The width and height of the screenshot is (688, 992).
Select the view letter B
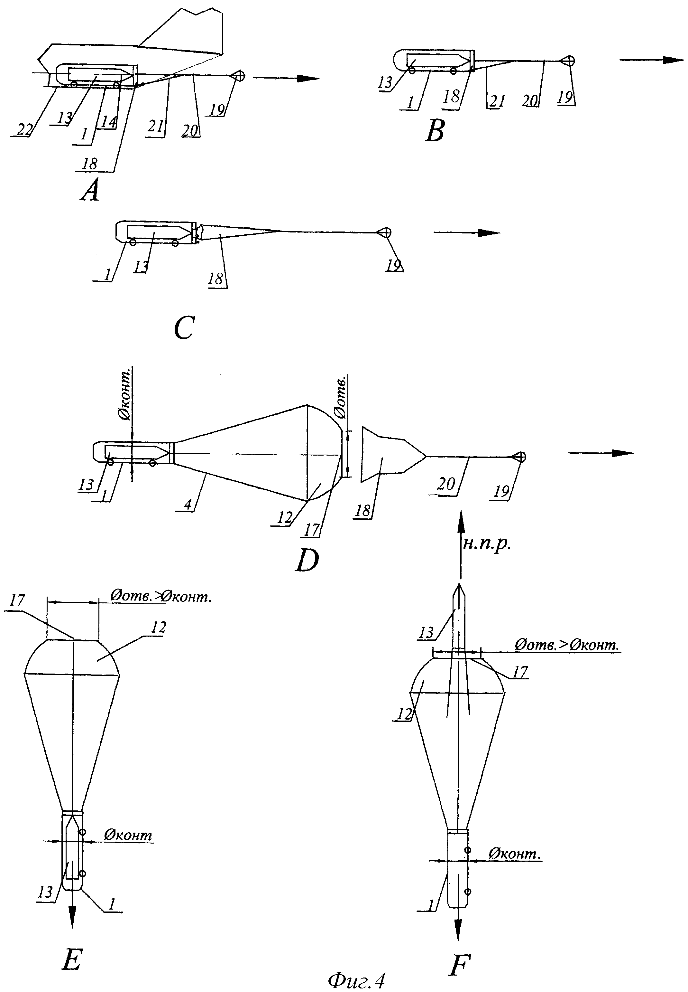[x=435, y=131]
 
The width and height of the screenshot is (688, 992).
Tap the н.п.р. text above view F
[x=487, y=544]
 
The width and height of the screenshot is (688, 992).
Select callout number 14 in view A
[x=109, y=122]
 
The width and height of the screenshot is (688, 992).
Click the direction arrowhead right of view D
[x=623, y=453]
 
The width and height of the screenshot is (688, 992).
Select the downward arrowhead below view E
[x=72, y=917]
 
